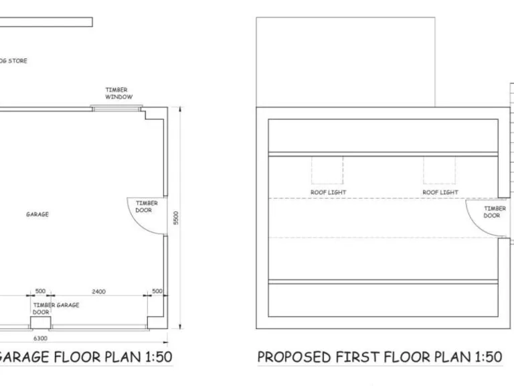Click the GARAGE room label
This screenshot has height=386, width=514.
37,214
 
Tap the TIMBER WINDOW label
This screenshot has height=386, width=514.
118,93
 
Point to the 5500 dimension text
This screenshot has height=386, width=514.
176,218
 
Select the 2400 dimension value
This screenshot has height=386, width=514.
99,292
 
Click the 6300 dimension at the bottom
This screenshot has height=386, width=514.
39,339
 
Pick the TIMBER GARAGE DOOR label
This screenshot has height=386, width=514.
56,308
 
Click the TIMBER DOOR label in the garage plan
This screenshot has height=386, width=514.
147,206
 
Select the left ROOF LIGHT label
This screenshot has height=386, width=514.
328,192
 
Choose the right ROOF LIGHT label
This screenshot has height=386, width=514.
440,192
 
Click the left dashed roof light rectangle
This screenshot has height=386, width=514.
327,170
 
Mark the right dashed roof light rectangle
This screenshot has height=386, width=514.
439,170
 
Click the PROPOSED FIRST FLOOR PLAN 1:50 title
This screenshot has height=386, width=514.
379,357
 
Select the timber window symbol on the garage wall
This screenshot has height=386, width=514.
112,107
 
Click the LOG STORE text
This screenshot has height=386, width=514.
13,61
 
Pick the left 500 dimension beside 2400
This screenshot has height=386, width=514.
40,292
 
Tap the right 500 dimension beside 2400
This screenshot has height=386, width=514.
157,292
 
